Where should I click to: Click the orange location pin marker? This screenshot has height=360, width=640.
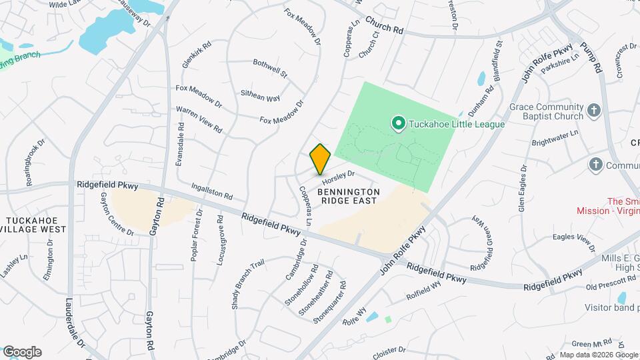(320, 159)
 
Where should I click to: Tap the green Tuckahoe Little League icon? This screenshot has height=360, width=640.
(399, 123)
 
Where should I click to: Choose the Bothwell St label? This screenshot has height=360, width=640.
(270, 67)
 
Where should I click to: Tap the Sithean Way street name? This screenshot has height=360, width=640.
(260, 97)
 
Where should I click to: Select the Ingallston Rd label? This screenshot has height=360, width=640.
(211, 192)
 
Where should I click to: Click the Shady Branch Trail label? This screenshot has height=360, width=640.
(248, 284)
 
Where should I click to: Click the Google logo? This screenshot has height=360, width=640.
(22, 352)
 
